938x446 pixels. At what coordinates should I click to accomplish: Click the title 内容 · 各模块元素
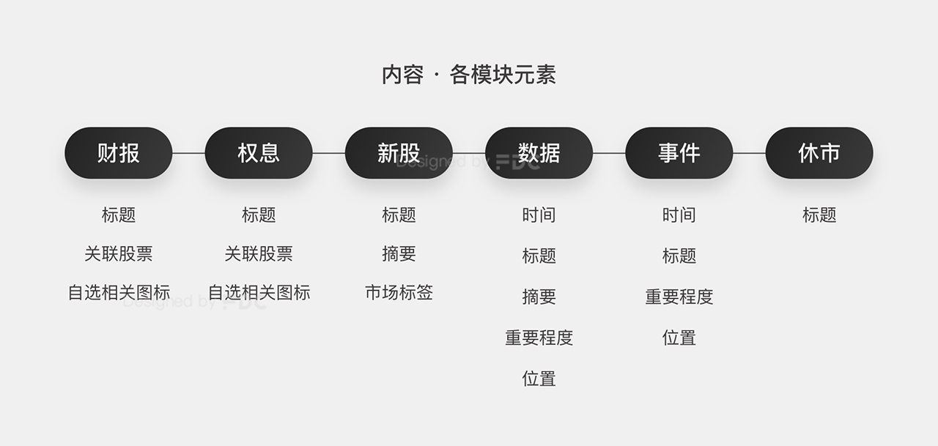(469, 75)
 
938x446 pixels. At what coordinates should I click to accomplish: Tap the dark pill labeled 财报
(119, 153)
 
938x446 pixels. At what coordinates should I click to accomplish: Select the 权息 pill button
(259, 153)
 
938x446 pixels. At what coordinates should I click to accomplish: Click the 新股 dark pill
(399, 153)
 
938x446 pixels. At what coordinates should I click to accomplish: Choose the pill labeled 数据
(539, 153)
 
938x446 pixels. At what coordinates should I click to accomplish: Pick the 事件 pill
(679, 153)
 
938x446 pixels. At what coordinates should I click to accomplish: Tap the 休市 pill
(819, 153)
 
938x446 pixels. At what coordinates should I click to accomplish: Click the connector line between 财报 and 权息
(188, 153)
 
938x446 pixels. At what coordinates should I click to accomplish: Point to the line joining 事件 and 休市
(749, 153)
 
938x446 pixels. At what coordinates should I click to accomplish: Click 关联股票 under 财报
(119, 254)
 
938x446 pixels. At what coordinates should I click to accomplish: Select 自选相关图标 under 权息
(259, 293)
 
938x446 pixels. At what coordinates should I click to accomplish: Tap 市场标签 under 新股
(399, 293)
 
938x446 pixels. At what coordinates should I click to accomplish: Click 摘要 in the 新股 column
(399, 254)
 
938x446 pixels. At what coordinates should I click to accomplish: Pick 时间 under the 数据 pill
(539, 215)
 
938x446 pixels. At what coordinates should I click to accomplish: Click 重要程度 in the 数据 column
(539, 338)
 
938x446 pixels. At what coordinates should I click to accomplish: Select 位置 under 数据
(539, 379)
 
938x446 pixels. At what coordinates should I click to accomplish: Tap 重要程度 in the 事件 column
(679, 297)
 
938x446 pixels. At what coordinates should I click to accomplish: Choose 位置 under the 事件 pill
(679, 338)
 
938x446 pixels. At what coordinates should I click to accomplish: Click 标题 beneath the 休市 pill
(819, 215)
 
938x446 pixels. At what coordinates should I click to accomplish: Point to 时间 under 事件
(679, 215)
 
